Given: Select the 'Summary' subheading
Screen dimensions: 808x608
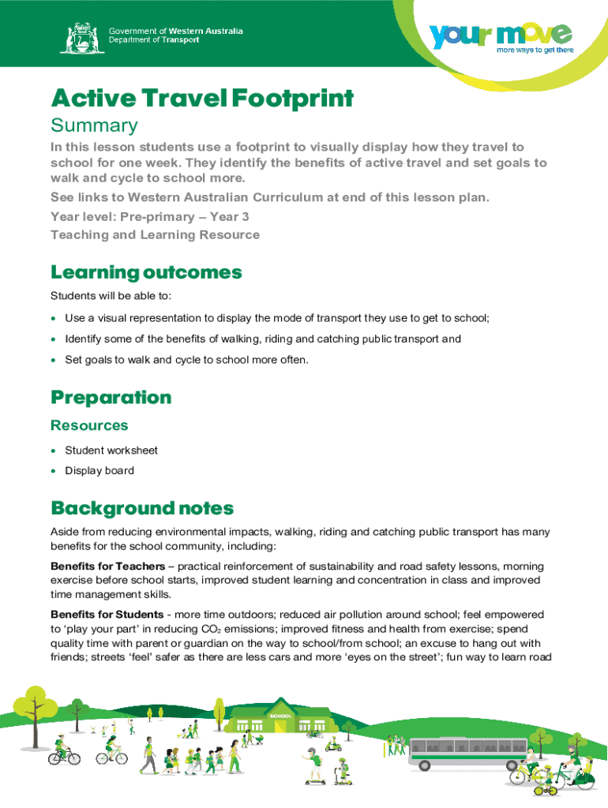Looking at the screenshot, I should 94,125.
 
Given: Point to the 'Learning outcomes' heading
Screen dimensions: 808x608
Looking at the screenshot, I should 146,273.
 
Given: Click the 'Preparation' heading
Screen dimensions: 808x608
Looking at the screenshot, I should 111,397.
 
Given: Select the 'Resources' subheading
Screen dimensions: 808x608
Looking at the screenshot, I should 89,425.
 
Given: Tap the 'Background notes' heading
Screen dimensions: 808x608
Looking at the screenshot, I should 142,507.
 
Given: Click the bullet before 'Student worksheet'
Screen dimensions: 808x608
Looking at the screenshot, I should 53,451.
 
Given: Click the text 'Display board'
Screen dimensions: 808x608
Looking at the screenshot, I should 99,471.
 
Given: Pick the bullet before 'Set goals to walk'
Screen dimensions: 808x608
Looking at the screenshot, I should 53,360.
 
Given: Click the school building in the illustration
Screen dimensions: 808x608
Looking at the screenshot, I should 280,719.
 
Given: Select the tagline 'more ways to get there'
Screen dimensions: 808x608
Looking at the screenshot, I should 534,50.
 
